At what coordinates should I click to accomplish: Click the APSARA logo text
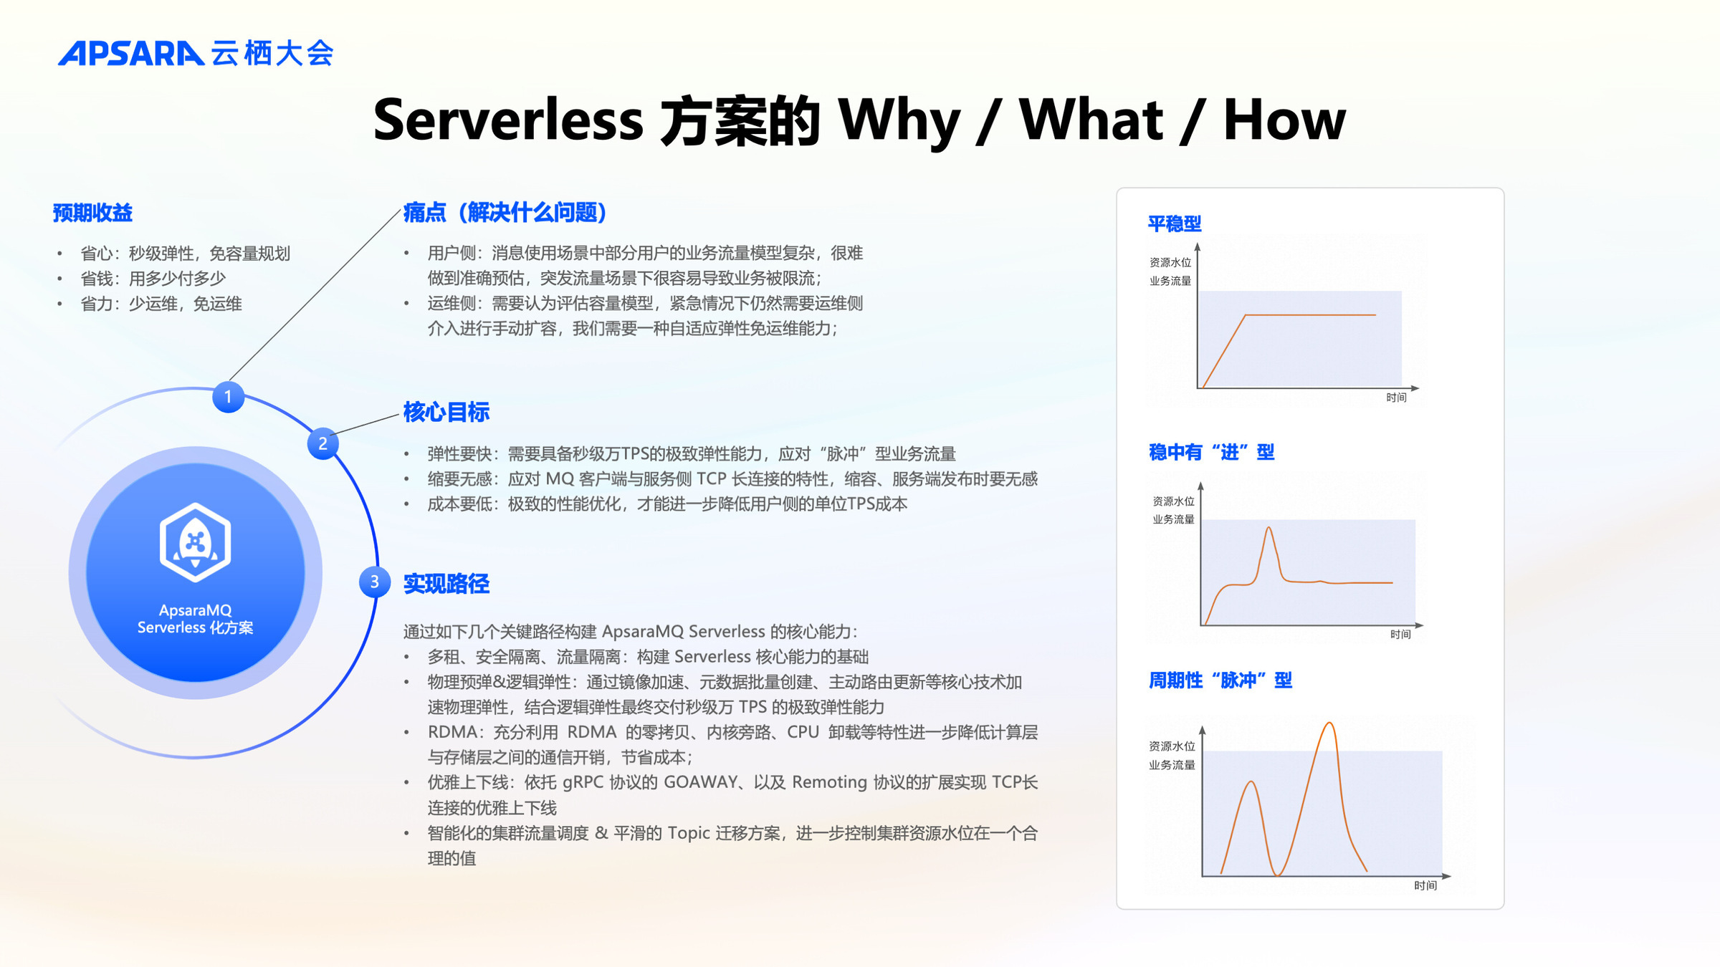(x=131, y=54)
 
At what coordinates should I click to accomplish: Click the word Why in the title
(x=899, y=120)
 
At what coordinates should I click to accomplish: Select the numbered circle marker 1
(x=228, y=397)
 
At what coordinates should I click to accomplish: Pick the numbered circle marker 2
(x=323, y=443)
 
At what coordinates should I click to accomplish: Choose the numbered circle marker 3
(x=375, y=582)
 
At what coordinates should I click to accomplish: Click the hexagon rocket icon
(x=195, y=542)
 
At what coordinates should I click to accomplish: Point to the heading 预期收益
(x=92, y=213)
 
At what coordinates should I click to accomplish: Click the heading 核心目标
(x=446, y=412)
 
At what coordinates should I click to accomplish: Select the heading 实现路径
(x=446, y=584)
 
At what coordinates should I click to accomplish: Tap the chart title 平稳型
(x=1175, y=223)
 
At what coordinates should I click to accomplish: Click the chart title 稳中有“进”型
(x=1211, y=452)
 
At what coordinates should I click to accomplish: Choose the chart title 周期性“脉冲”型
(x=1220, y=680)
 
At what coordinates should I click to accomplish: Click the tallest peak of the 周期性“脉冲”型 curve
(x=1329, y=723)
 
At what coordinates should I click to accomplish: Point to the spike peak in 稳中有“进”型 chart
(x=1268, y=528)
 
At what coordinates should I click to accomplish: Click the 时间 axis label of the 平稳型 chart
(x=1396, y=398)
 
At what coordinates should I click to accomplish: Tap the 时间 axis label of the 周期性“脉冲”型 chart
(x=1425, y=885)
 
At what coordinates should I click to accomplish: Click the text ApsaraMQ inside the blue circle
(x=195, y=610)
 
